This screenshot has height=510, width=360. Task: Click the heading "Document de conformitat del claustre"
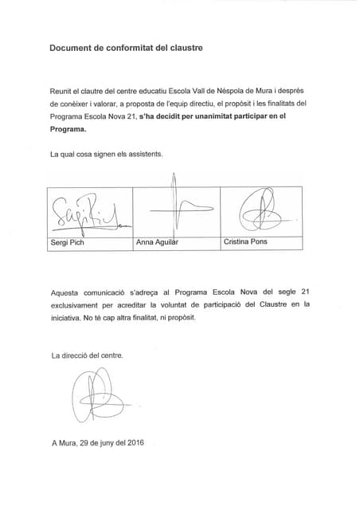126,48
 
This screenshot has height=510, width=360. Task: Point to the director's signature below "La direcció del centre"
90,394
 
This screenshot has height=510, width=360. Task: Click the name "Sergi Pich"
67,242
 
